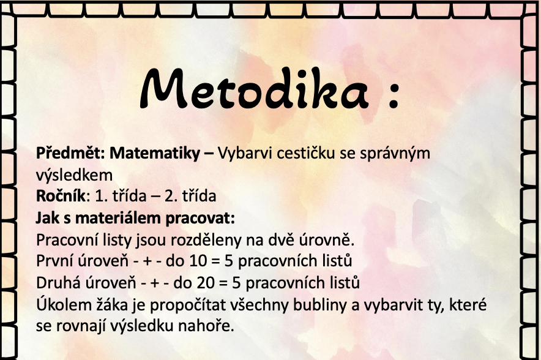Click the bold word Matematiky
click(155, 153)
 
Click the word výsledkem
click(74, 175)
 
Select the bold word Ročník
click(61, 196)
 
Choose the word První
click(54, 261)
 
